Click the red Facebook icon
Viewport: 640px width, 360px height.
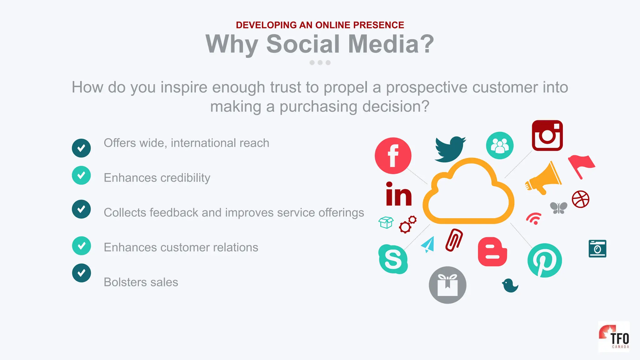coord(393,156)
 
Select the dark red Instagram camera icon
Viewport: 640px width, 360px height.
coord(547,136)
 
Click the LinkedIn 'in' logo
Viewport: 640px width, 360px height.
coord(399,194)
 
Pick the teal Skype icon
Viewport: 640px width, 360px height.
coord(393,259)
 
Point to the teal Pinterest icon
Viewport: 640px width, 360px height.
coord(544,260)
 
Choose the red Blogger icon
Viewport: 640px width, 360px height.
coord(492,252)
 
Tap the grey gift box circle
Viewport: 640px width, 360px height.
coord(447,285)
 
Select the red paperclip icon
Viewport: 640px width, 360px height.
coord(454,240)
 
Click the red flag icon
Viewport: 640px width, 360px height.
coord(581,166)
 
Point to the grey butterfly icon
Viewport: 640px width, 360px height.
coord(558,208)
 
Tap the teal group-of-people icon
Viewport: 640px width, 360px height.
coord(499,146)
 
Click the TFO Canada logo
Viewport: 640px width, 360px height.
coord(614,337)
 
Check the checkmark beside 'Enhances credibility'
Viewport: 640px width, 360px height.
coord(81,175)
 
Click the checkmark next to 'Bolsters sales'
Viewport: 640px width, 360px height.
coord(81,273)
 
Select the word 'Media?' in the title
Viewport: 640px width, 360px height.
coord(391,44)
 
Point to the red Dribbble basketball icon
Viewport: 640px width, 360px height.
coord(580,199)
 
